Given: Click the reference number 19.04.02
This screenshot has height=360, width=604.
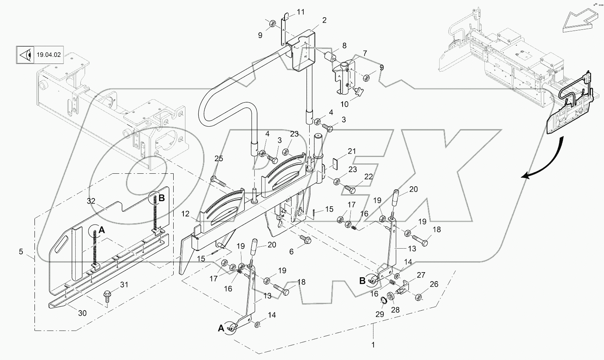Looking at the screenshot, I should (49, 55).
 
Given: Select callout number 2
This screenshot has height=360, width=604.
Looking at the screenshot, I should (324, 20).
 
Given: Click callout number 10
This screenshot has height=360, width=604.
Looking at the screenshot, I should (344, 104).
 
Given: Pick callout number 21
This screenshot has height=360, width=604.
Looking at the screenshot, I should (352, 151).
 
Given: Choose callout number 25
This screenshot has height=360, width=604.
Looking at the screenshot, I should (218, 158).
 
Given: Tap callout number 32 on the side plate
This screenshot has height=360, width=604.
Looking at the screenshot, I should (91, 201).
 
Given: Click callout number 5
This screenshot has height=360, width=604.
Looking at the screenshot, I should (21, 252).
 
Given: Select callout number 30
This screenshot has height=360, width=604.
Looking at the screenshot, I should (82, 313).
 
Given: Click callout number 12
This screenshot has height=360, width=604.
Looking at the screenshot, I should (185, 214).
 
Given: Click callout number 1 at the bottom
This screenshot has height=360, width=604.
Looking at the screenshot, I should (373, 345).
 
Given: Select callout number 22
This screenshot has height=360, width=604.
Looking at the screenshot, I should (368, 177).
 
